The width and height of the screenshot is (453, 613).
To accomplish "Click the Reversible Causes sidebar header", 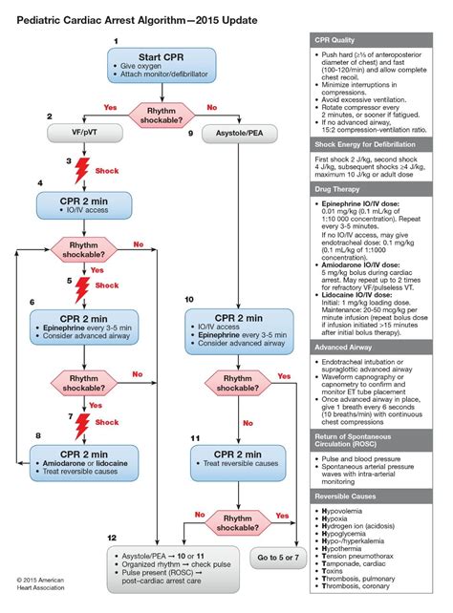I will tap(375, 497).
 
